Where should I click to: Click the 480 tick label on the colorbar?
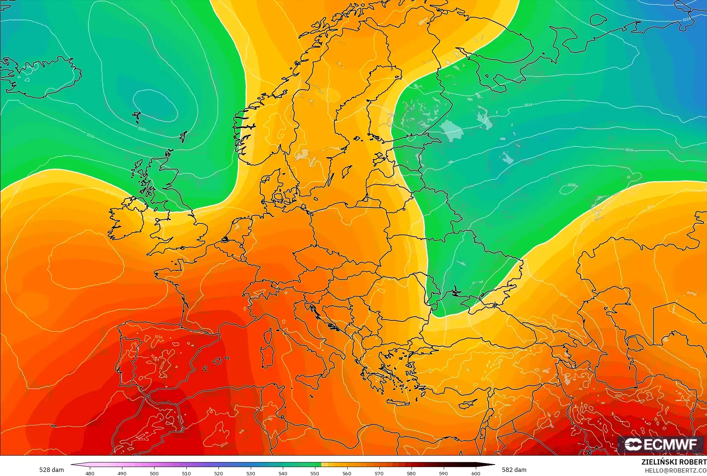(x=90, y=473)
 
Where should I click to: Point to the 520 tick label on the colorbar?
(x=219, y=473)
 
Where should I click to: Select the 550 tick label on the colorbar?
(x=315, y=473)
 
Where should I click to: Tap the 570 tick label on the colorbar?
(x=379, y=473)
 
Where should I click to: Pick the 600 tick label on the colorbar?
(x=476, y=473)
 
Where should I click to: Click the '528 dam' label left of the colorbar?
(x=51, y=470)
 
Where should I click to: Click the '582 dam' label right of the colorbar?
(x=514, y=470)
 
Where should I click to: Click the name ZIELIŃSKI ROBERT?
(x=674, y=462)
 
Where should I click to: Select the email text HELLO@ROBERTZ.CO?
(x=676, y=470)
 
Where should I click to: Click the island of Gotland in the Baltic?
(x=347, y=171)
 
